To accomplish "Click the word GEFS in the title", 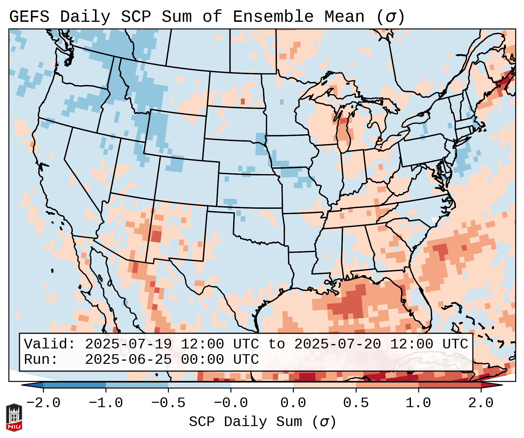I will pyautogui.click(x=29, y=17).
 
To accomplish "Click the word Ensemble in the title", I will pyautogui.click(x=273, y=17).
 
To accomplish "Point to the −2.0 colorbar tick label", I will pyautogui.click(x=43, y=403).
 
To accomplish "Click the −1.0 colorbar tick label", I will pyautogui.click(x=106, y=403).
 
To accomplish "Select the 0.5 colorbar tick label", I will pyautogui.click(x=356, y=403).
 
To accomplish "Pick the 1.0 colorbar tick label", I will pyautogui.click(x=418, y=403).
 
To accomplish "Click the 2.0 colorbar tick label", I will pyautogui.click(x=481, y=403).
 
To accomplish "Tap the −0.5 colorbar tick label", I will pyautogui.click(x=168, y=403).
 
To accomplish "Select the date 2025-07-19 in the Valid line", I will pyautogui.click(x=128, y=344).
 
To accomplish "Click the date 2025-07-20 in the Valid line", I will pyautogui.click(x=337, y=344).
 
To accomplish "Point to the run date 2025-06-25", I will pyautogui.click(x=128, y=359).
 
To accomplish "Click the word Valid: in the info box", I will pyautogui.click(x=50, y=344).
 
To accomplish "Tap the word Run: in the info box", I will pyautogui.click(x=41, y=359).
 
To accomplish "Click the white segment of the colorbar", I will pyautogui.click(x=262, y=385).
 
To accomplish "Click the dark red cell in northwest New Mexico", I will pyautogui.click(x=156, y=236).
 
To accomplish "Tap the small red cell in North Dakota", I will pyautogui.click(x=243, y=102).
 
